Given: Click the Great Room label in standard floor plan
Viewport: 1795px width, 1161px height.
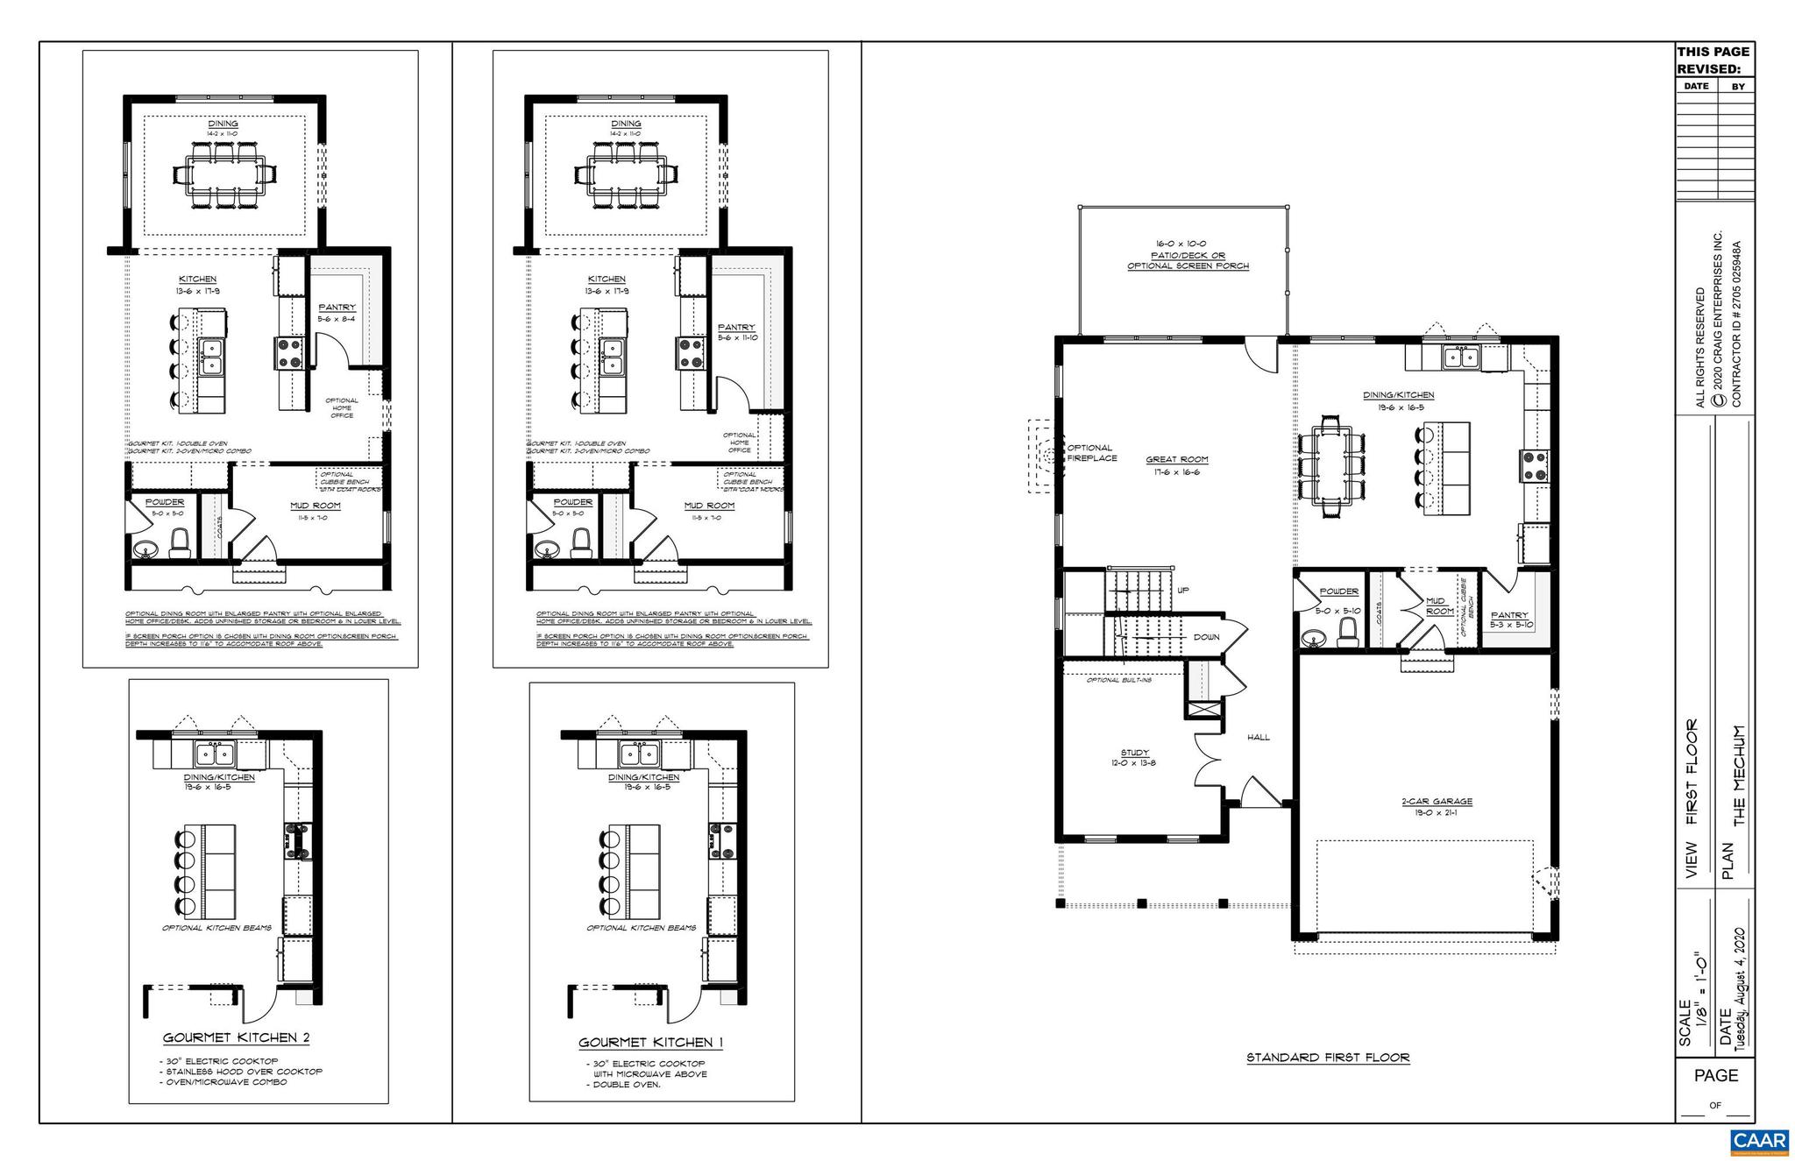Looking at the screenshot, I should point(1176,459).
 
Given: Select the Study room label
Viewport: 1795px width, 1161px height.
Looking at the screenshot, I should point(1134,753).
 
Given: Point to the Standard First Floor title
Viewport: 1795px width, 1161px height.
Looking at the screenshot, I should point(1328,1058).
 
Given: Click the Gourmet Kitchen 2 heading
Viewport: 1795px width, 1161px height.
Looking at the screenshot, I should point(236,1038).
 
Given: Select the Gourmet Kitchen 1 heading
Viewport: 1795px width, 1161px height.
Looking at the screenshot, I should point(650,1043).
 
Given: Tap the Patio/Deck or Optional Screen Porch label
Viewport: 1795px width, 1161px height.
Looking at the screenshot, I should point(1188,255).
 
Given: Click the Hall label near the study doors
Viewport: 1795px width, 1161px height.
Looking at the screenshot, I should point(1259,737).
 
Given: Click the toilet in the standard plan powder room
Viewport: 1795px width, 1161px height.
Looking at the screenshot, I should point(1349,632).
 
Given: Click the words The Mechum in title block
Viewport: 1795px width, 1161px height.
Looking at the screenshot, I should point(1740,775).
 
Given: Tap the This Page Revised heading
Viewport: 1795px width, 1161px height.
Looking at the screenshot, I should point(1713,60).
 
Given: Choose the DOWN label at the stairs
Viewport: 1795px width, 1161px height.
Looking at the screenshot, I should point(1206,637).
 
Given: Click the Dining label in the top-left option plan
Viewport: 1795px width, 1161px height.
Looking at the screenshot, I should point(223,124).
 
